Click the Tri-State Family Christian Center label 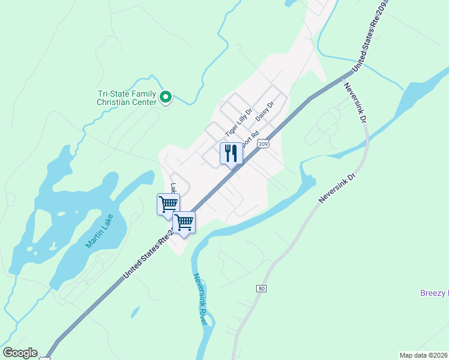tap(127, 97)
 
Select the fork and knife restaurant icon tap(231, 154)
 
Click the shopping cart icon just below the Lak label tap(168, 204)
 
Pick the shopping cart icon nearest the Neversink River tap(184, 223)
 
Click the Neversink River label tap(200, 299)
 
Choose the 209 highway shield tap(262, 144)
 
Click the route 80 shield tap(261, 289)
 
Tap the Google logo tap(19, 353)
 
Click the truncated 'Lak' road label tap(174, 189)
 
